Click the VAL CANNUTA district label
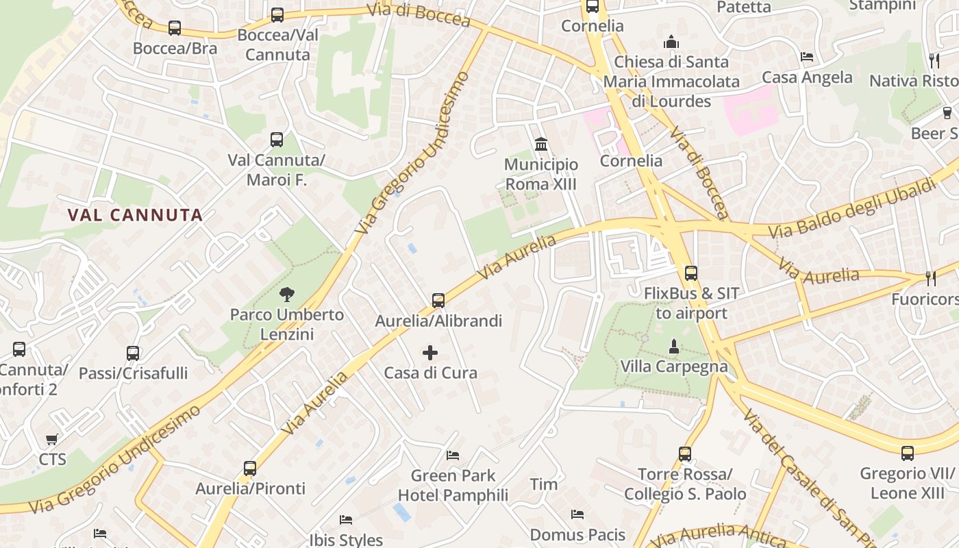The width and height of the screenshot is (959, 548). pyautogui.click(x=135, y=215)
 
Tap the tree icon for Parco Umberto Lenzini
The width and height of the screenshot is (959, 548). pyautogui.click(x=287, y=295)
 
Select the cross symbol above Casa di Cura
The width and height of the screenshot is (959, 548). pyautogui.click(x=430, y=353)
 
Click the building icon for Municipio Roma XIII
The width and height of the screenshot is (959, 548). pyautogui.click(x=541, y=145)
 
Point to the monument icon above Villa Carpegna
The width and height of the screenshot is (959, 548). pyautogui.click(x=674, y=347)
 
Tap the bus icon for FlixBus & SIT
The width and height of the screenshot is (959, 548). pyautogui.click(x=691, y=273)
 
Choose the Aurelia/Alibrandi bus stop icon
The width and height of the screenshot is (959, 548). pyautogui.click(x=438, y=300)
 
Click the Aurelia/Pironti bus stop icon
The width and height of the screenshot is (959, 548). pyautogui.click(x=250, y=469)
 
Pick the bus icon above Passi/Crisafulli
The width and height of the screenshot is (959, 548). pyautogui.click(x=133, y=353)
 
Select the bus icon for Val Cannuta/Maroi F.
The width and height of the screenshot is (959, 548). pyautogui.click(x=277, y=140)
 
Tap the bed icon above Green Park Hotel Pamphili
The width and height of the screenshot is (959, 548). pyautogui.click(x=453, y=455)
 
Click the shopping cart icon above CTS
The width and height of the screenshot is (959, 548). pyautogui.click(x=52, y=439)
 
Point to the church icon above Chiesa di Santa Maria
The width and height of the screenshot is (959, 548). pyautogui.click(x=671, y=42)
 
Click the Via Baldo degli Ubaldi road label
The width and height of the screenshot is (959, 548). pyautogui.click(x=851, y=208)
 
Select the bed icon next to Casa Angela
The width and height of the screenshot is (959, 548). pyautogui.click(x=807, y=57)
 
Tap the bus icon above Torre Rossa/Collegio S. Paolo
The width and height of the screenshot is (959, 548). pyautogui.click(x=685, y=453)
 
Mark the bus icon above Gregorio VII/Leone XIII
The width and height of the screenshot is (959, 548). pyautogui.click(x=908, y=453)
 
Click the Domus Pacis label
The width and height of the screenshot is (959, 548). pyautogui.click(x=577, y=534)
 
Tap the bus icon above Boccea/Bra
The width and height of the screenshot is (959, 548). pyautogui.click(x=175, y=28)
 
